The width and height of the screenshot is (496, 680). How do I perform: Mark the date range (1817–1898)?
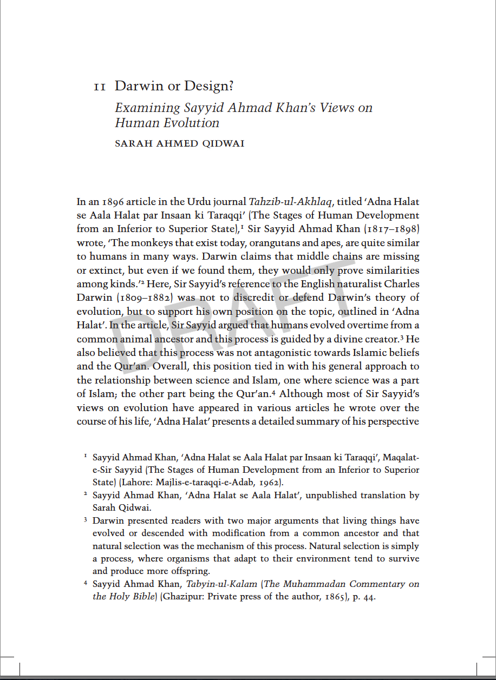pyautogui.click(x=390, y=229)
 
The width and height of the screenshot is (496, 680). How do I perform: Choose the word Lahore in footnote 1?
pyautogui.click(x=138, y=482)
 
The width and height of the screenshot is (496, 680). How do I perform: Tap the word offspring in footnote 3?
pyautogui.click(x=190, y=571)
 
